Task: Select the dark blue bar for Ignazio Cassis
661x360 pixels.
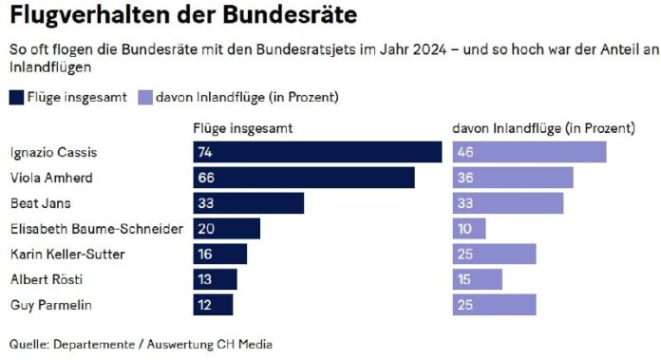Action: (317, 152)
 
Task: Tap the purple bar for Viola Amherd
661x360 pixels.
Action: (513, 178)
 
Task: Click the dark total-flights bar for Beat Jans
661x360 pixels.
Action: (248, 203)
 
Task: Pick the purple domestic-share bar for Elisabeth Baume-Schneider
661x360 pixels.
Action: (469, 229)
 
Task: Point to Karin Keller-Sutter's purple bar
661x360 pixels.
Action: (494, 255)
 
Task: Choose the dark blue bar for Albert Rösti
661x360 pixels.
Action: (215, 279)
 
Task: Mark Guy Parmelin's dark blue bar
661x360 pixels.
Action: (213, 305)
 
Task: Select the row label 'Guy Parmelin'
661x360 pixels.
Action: (44, 305)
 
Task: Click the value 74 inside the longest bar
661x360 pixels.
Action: (204, 152)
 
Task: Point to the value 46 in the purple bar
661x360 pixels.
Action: (464, 152)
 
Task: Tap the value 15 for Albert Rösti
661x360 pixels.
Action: (463, 279)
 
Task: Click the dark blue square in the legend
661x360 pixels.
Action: (18, 97)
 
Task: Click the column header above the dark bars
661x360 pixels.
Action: (242, 127)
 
